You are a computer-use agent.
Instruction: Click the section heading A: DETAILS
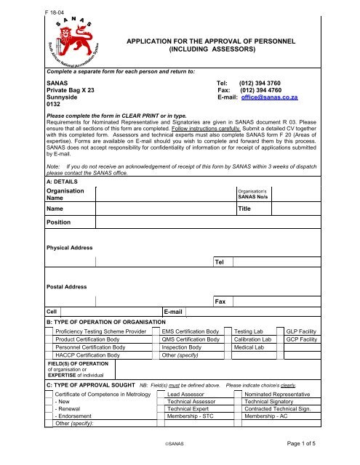(64, 182)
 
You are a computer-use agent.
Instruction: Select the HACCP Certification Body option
(88, 356)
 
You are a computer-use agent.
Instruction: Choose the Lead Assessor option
(185, 393)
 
